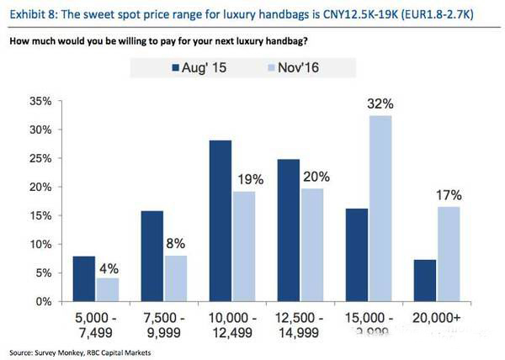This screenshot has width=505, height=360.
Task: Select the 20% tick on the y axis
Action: [41, 187]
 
